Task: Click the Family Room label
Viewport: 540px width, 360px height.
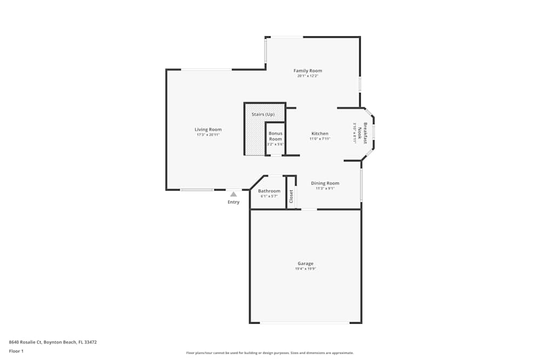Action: coord(308,71)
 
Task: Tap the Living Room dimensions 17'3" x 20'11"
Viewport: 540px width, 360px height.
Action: coord(208,134)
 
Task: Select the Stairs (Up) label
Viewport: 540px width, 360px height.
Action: coord(263,114)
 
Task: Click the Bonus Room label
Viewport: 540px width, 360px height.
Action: coord(275,136)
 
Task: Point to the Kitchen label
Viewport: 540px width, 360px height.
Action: coord(320,133)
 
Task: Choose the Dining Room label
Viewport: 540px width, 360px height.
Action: coord(325,183)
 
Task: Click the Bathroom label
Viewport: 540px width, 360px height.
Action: coord(269,191)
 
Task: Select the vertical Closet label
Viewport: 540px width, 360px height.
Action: coord(291,196)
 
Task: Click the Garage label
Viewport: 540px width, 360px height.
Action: coord(305,263)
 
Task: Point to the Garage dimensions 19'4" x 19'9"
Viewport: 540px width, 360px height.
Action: coord(305,269)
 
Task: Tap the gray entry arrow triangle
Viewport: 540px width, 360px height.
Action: coord(233,194)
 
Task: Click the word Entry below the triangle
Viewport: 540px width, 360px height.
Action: coord(233,202)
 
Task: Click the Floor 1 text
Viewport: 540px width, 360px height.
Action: coord(16,351)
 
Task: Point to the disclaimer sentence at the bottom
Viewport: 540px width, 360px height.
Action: coord(269,353)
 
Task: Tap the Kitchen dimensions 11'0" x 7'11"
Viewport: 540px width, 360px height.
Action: coord(320,139)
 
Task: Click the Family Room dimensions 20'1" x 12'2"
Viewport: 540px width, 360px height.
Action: coord(308,76)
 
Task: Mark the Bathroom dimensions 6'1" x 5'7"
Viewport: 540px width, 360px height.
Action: coord(269,196)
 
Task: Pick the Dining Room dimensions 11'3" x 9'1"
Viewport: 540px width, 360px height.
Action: coord(325,188)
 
